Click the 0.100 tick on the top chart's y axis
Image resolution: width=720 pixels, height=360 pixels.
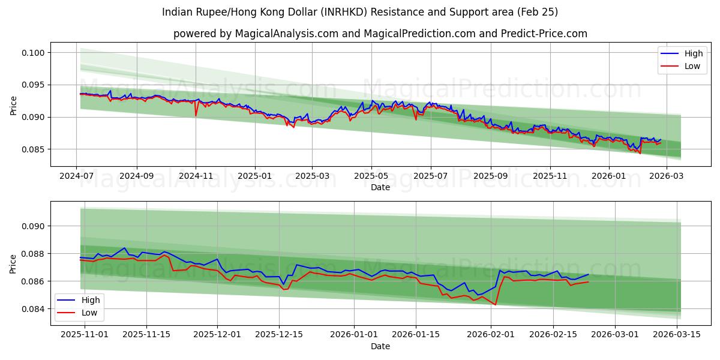click(34, 53)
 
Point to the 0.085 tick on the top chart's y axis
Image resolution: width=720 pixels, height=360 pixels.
click(34, 149)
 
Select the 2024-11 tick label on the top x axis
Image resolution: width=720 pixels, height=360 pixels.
click(196, 176)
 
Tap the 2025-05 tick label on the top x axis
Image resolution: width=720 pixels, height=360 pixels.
click(371, 176)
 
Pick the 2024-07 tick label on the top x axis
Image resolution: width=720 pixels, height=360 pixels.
click(76, 176)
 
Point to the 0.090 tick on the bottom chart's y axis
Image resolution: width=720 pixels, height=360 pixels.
click(34, 226)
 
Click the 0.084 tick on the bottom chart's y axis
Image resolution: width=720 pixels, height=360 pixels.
click(34, 309)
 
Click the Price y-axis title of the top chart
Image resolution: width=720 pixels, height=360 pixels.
click(14, 106)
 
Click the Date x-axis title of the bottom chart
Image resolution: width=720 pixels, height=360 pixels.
click(380, 346)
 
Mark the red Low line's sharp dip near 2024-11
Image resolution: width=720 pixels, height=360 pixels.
click(196, 115)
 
